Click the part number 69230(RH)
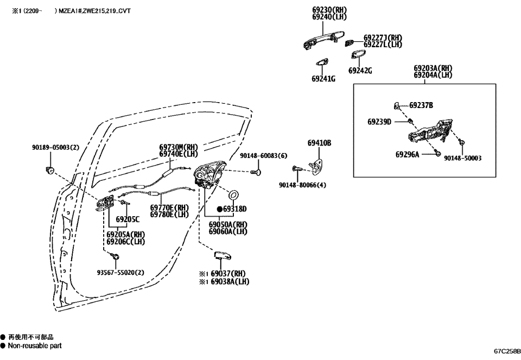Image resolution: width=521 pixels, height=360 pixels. [329, 10]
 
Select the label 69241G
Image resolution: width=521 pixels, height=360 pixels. [323, 79]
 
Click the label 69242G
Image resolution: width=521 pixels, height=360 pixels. [360, 71]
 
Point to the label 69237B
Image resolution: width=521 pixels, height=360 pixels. [421, 105]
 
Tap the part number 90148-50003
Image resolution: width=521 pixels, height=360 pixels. [462, 159]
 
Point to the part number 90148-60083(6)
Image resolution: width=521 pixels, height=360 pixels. [264, 156]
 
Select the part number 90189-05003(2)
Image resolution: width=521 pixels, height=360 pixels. [55, 148]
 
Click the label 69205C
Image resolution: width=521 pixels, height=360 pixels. [128, 219]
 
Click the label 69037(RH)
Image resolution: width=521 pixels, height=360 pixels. [228, 274]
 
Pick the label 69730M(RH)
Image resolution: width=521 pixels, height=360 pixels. [179, 147]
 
